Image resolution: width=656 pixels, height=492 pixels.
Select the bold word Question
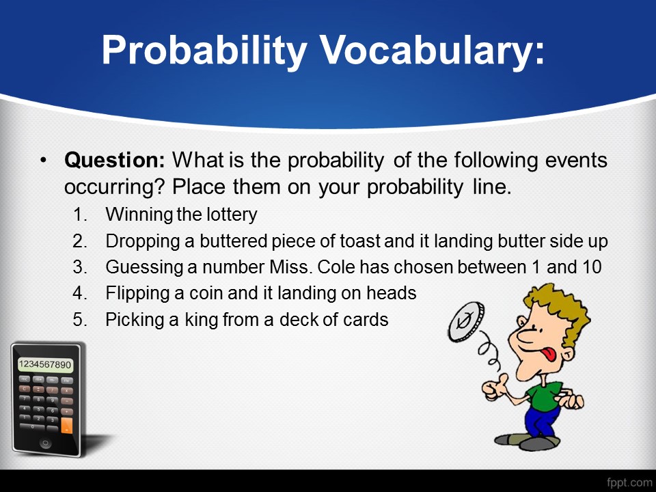(x=115, y=160)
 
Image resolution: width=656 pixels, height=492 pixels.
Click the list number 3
(x=79, y=267)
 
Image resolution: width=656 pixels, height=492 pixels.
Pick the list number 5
(x=79, y=319)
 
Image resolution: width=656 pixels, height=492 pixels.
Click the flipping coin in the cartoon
(x=466, y=321)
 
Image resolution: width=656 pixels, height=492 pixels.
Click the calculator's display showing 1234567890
(x=45, y=364)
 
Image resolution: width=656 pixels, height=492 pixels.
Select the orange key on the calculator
(x=66, y=425)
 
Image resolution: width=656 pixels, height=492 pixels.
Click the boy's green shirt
(x=543, y=396)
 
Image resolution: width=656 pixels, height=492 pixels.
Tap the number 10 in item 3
(x=591, y=267)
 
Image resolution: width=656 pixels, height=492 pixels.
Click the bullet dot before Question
(x=43, y=160)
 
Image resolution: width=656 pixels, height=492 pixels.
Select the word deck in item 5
(x=298, y=320)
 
